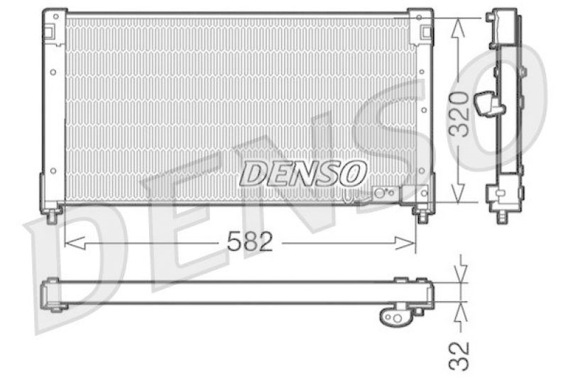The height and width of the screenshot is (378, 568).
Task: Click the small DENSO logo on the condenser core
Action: point(303,172)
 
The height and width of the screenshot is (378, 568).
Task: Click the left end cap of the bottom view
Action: point(51,294)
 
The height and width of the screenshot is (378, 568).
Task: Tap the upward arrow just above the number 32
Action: point(460,311)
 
